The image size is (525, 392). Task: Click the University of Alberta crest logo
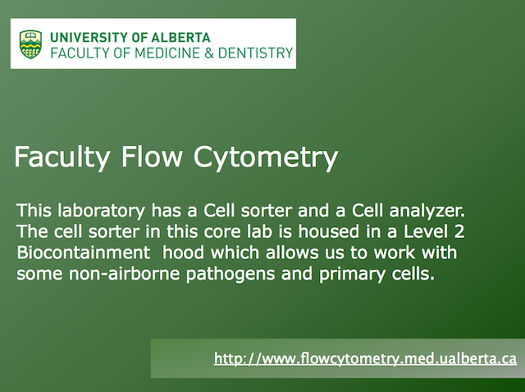point(30,44)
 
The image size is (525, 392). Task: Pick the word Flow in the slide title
point(152,157)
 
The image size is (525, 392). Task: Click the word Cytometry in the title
point(266,158)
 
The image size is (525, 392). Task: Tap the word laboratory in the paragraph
point(101,212)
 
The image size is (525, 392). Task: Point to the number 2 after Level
point(459,231)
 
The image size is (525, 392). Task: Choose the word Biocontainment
point(84,253)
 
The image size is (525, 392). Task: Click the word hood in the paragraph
point(183,253)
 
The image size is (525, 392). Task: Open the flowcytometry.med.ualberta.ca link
point(365,359)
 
